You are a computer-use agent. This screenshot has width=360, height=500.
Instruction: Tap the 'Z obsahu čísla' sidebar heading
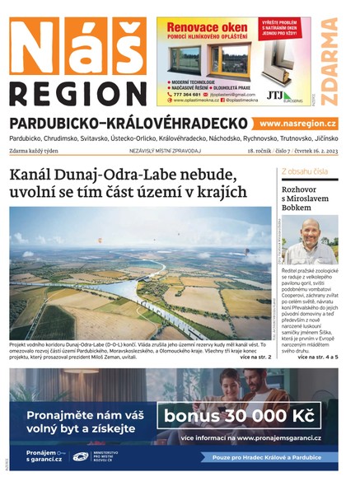(305, 171)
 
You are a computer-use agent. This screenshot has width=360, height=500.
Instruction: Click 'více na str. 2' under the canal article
(255, 358)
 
